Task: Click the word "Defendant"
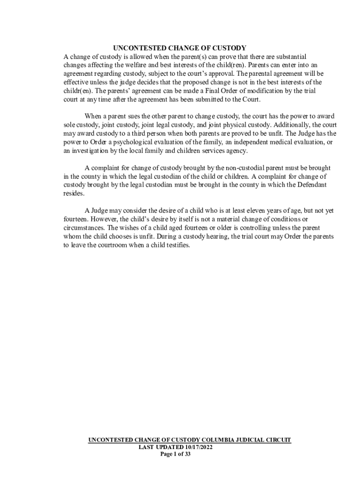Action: coord(310,185)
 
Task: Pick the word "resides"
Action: coord(74,193)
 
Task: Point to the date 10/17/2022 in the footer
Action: coord(196,447)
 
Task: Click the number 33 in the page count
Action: coord(187,454)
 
